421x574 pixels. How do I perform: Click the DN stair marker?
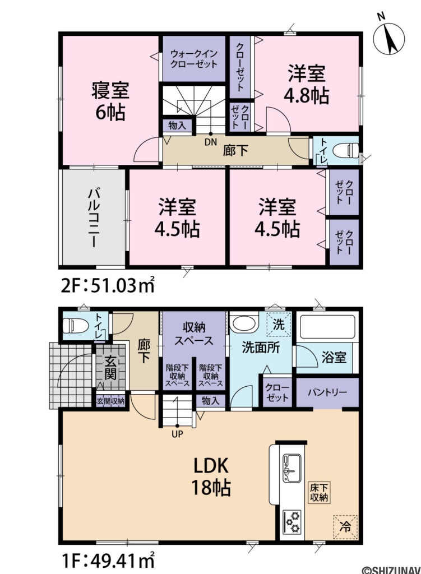pyautogui.click(x=210, y=142)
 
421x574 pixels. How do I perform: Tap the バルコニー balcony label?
pyautogui.click(x=93, y=217)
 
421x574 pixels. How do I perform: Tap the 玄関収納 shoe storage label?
pyautogui.click(x=110, y=401)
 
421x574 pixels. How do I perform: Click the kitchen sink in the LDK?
pyautogui.click(x=291, y=467)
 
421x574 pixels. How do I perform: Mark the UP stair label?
pyautogui.click(x=177, y=433)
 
